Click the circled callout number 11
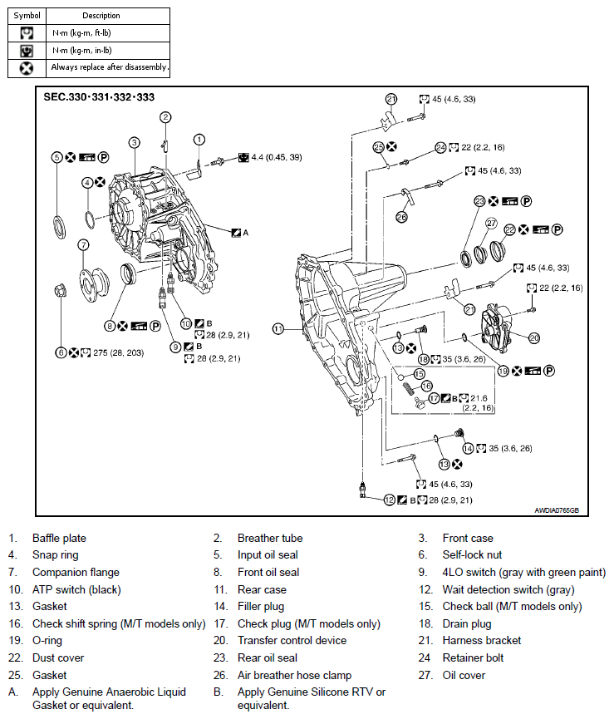pyautogui.click(x=278, y=329)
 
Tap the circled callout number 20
pyautogui.click(x=534, y=338)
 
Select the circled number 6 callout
pyautogui.click(x=61, y=352)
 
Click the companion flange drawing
pyautogui.click(x=94, y=283)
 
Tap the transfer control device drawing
pyautogui.click(x=496, y=327)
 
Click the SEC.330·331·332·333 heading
pyautogui.click(x=99, y=97)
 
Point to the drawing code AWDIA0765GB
pyautogui.click(x=557, y=510)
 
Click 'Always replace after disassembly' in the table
pyautogui.click(x=109, y=67)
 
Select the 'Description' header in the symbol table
pyautogui.click(x=101, y=16)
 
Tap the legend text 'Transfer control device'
pyautogui.click(x=292, y=641)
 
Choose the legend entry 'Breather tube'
pyautogui.click(x=270, y=538)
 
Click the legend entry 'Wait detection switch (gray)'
pyautogui.click(x=508, y=589)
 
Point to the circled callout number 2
pyautogui.click(x=165, y=117)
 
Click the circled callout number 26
pyautogui.click(x=401, y=217)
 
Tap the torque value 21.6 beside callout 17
pyautogui.click(x=479, y=398)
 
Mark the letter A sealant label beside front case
pyautogui.click(x=246, y=233)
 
